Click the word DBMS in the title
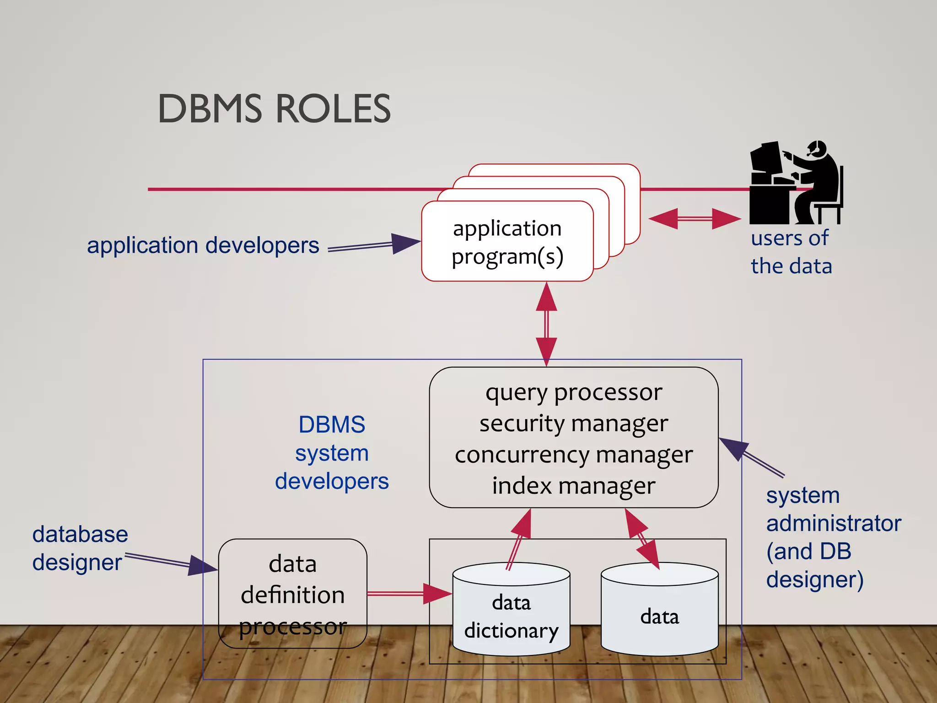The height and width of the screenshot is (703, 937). (210, 109)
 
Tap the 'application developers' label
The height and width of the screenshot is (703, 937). (203, 245)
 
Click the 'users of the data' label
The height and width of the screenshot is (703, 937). (791, 252)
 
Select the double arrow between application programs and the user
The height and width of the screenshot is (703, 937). (695, 219)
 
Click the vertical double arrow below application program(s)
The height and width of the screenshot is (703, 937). (546, 324)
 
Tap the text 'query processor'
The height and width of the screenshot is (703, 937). (573, 392)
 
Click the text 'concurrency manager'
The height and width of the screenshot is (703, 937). (573, 454)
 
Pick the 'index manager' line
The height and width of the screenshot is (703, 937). (573, 486)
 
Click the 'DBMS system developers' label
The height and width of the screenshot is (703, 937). (332, 453)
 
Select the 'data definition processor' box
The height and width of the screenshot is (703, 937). (292, 594)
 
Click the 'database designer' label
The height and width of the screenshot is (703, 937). (80, 548)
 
